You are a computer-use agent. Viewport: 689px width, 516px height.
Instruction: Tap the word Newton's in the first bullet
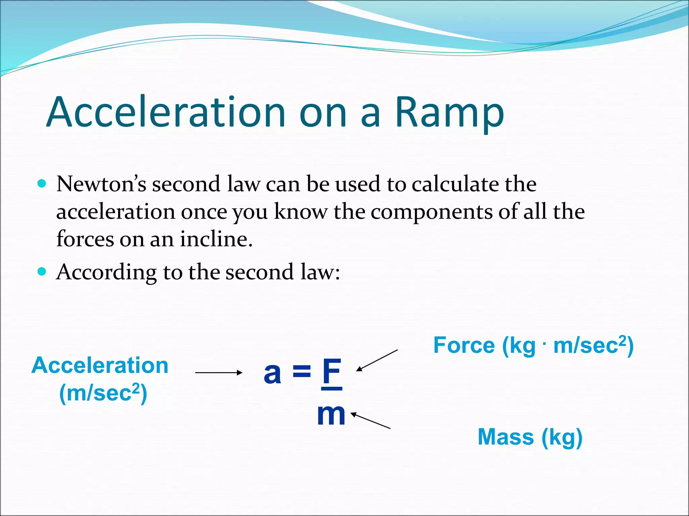tap(101, 184)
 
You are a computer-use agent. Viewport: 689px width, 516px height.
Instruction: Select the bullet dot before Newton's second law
tap(42, 183)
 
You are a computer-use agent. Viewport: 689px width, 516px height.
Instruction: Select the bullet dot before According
tap(42, 271)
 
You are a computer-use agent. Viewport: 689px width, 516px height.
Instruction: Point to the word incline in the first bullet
tap(216, 239)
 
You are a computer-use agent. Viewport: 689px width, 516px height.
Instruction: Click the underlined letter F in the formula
tap(332, 372)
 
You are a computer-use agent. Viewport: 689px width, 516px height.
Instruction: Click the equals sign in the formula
tap(302, 372)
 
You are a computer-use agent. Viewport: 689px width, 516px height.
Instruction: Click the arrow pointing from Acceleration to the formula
tap(219, 372)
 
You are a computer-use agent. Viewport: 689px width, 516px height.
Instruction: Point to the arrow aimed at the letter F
tap(377, 360)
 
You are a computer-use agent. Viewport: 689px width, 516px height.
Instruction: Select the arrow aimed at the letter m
tap(370, 421)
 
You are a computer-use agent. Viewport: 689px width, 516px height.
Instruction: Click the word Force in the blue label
tap(464, 345)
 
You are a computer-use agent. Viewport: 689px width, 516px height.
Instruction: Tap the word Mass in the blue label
tap(506, 437)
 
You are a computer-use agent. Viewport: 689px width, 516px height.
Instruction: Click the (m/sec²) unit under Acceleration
tap(103, 393)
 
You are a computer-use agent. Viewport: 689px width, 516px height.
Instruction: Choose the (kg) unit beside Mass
tap(562, 437)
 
